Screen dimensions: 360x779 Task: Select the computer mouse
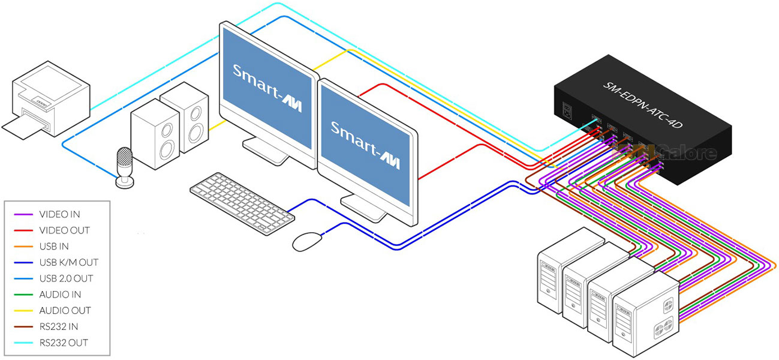coord(307,241)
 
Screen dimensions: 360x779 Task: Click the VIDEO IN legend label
coord(59,214)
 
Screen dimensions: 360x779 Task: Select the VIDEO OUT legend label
coord(63,230)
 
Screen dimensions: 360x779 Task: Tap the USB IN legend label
coord(55,247)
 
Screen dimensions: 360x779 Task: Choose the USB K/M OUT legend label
coord(68,262)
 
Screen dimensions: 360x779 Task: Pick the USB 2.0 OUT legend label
coord(66,278)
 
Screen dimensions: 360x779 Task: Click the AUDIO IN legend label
coord(60,295)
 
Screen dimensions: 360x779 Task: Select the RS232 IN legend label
coord(59,327)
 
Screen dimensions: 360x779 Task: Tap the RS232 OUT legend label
coord(63,343)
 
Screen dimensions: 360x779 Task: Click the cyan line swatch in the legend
coord(23,343)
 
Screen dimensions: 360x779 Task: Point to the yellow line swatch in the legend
coord(23,311)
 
